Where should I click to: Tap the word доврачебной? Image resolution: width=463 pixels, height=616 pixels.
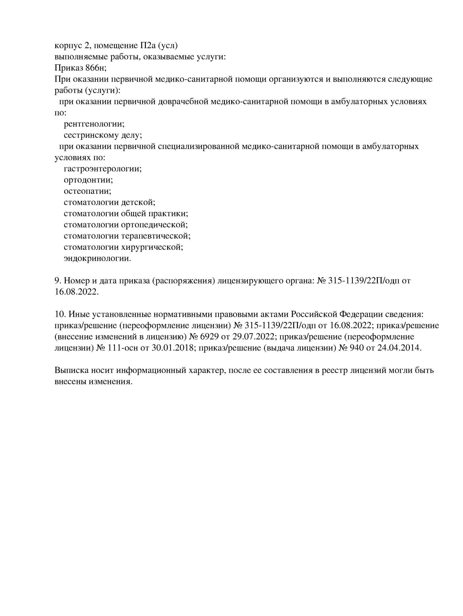click(x=183, y=101)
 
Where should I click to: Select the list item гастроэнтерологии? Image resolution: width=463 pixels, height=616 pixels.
click(x=103, y=168)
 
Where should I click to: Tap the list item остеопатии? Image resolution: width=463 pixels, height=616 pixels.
click(x=87, y=191)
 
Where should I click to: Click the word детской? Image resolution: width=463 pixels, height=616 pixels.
click(x=138, y=202)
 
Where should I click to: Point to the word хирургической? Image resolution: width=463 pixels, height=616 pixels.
click(x=152, y=247)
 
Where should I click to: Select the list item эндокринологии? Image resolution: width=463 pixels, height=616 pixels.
click(x=97, y=258)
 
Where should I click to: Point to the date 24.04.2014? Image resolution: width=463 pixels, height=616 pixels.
click(x=399, y=348)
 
